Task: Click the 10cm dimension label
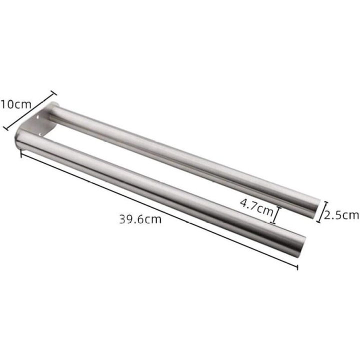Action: pyautogui.click(x=15, y=104)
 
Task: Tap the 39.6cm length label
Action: pyautogui.click(x=140, y=219)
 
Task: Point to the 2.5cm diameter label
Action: pyautogui.click(x=341, y=215)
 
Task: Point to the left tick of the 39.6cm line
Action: pyautogui.click(x=21, y=153)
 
